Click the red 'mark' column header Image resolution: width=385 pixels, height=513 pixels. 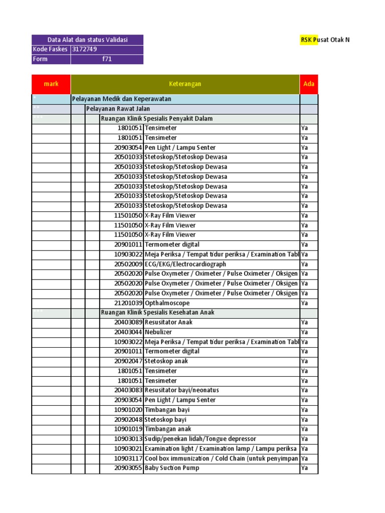tap(51, 84)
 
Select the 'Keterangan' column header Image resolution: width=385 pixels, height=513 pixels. tap(185, 84)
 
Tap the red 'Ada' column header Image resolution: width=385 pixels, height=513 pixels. tap(309, 84)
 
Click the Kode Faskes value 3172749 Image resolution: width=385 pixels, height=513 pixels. tap(85, 49)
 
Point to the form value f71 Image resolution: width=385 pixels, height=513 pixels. tap(107, 59)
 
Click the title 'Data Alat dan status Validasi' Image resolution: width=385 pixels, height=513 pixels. tap(87, 40)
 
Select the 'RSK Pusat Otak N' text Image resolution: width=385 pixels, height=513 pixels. tap(325, 40)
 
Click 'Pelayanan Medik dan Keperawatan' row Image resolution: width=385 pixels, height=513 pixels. tap(122, 99)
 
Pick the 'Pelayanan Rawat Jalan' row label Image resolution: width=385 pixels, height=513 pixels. tap(118, 109)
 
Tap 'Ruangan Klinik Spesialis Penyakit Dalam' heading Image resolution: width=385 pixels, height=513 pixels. tap(157, 119)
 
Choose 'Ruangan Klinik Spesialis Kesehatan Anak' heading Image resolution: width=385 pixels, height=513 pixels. tap(157, 313)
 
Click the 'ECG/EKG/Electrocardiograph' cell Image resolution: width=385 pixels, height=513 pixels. tap(185, 264)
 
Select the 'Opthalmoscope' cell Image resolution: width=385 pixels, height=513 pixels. tap(167, 303)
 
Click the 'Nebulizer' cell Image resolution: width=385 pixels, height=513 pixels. tap(158, 332)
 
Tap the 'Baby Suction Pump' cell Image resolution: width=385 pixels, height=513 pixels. tap(172, 468)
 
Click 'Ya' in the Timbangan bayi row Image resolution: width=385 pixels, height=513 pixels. tap(304, 410)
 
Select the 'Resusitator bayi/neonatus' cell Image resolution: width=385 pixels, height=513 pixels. tap(181, 390)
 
